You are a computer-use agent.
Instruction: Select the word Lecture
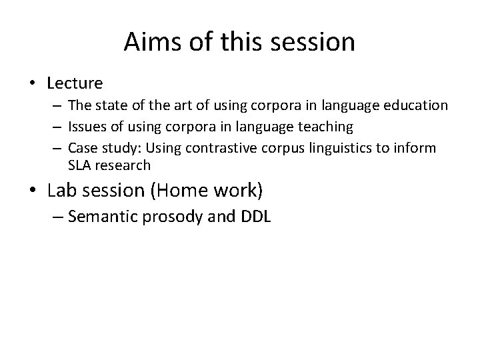pos(75,83)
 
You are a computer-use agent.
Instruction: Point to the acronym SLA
pos(79,165)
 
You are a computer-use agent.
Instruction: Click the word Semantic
pos(103,217)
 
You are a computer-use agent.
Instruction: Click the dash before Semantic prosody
pos(56,217)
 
